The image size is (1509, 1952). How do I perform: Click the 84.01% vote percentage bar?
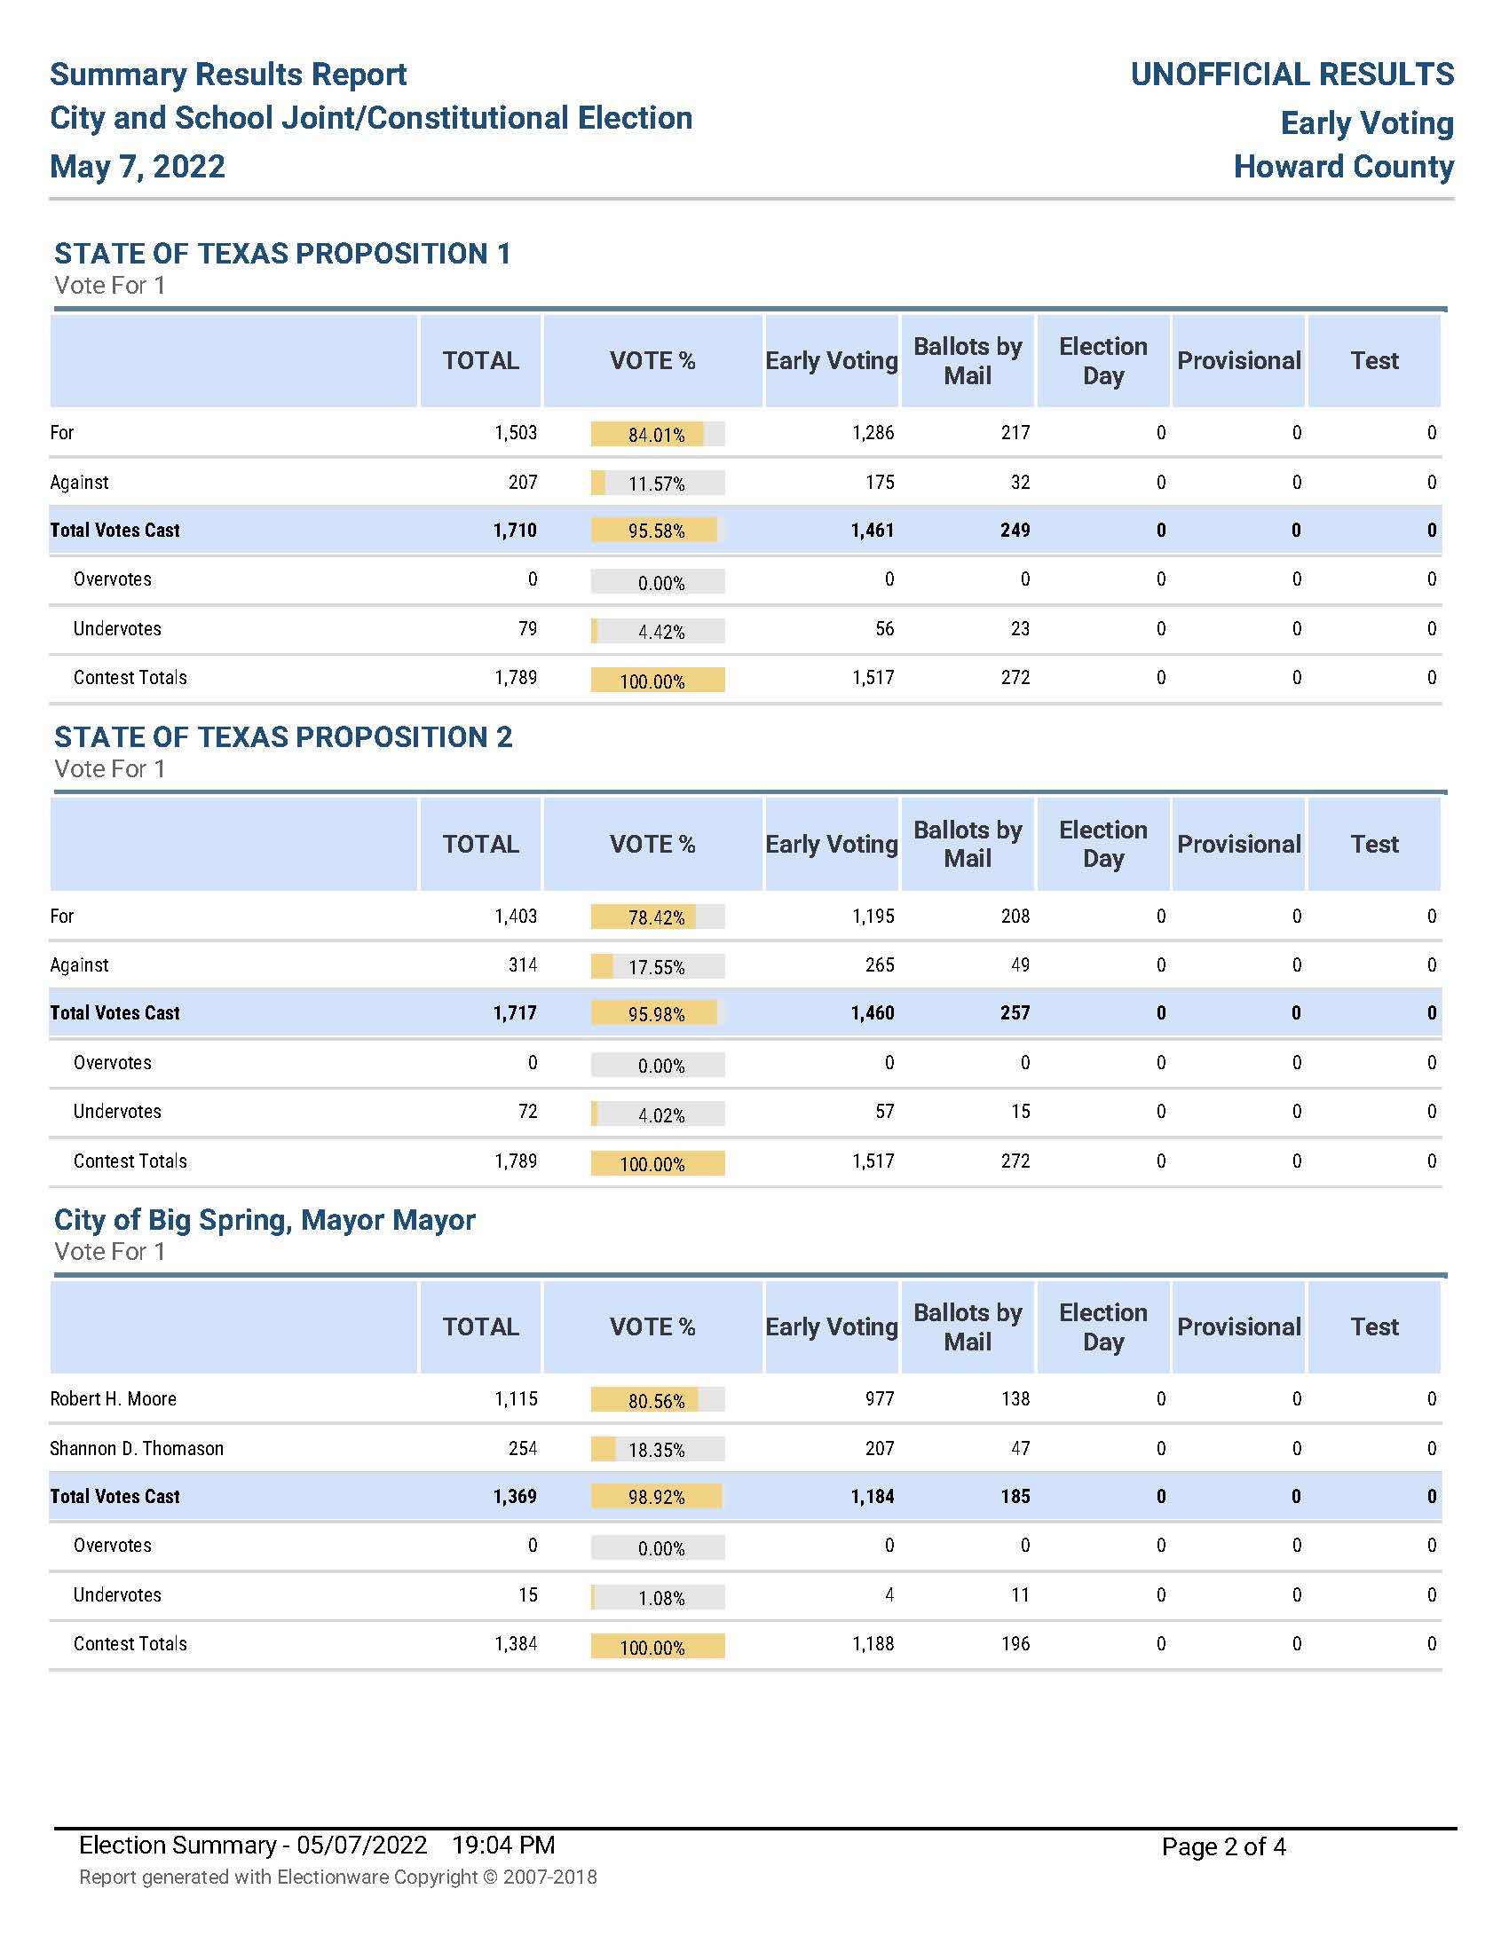(657, 435)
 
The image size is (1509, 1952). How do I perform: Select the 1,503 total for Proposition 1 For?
(516, 434)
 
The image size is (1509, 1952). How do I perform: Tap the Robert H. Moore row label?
(114, 1398)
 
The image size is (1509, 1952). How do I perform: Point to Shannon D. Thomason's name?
(137, 1448)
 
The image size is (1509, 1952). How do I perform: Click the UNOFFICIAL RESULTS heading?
(1292, 75)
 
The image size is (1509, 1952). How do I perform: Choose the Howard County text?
(1343, 167)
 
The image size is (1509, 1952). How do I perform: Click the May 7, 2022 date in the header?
(138, 167)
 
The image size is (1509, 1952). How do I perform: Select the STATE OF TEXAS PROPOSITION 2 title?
(283, 737)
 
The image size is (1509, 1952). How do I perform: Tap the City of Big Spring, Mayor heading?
(265, 1220)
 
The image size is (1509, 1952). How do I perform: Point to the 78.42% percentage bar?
(657, 917)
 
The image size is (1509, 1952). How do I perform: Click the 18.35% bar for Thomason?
(657, 1449)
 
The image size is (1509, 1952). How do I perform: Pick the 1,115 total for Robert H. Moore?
(516, 1398)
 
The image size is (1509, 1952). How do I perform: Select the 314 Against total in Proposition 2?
(523, 965)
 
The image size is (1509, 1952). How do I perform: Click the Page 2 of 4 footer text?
(1223, 1846)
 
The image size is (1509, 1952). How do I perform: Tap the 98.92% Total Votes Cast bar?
(657, 1497)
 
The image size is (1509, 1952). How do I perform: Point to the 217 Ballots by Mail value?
(1015, 434)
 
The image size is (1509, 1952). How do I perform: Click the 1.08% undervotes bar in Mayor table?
(657, 1597)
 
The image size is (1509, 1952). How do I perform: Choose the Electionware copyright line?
(338, 1877)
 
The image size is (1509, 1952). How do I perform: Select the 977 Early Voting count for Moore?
(880, 1398)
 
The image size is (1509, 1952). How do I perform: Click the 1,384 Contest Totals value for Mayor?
(516, 1643)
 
